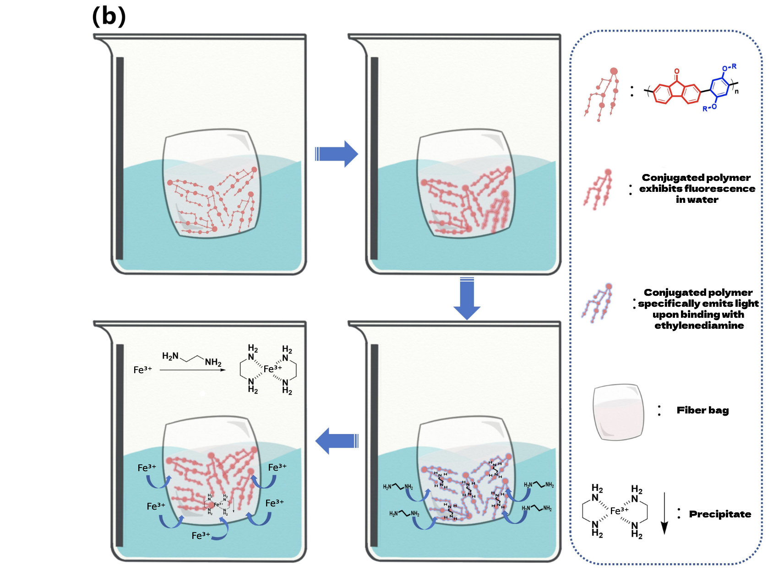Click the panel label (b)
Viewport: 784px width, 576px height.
pyautogui.click(x=109, y=16)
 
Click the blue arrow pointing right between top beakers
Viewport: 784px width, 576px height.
pyautogui.click(x=337, y=154)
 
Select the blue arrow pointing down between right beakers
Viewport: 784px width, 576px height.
pyautogui.click(x=467, y=299)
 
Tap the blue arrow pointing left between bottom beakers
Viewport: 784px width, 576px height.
pyautogui.click(x=337, y=441)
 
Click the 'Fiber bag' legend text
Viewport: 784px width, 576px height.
pyautogui.click(x=702, y=410)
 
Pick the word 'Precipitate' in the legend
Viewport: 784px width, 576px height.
pyautogui.click(x=720, y=514)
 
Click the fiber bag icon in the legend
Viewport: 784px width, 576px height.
pyautogui.click(x=618, y=412)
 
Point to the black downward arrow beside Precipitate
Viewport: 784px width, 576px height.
pyautogui.click(x=664, y=513)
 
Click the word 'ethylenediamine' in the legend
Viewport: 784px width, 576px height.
pyautogui.click(x=699, y=326)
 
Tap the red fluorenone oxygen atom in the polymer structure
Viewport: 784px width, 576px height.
pyautogui.click(x=677, y=72)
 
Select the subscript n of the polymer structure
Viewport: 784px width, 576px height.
pyautogui.click(x=736, y=92)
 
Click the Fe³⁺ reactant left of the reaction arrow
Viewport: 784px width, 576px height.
pyautogui.click(x=142, y=370)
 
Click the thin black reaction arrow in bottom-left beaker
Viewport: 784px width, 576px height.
pyautogui.click(x=192, y=370)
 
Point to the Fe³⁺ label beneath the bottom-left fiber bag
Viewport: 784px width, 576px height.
pyautogui.click(x=201, y=535)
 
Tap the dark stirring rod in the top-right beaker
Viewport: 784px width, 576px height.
pyautogui.click(x=375, y=158)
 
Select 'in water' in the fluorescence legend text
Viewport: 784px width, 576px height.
pyautogui.click(x=697, y=200)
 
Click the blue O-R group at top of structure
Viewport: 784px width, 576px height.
pyautogui.click(x=729, y=68)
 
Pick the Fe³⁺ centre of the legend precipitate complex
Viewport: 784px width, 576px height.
pyautogui.click(x=619, y=511)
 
